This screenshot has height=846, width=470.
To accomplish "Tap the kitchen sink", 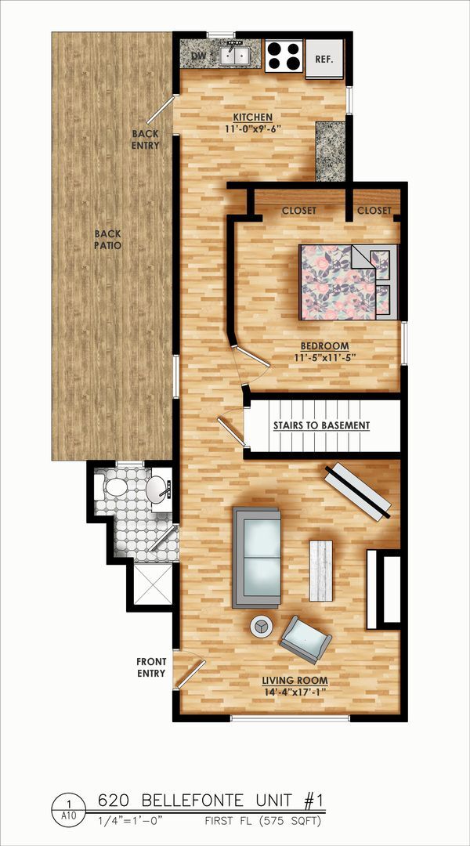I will tap(234, 56).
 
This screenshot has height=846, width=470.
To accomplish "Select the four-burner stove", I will tap(283, 56).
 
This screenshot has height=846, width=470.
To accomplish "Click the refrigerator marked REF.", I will tap(324, 59).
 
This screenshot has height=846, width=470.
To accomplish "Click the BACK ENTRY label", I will tap(146, 139).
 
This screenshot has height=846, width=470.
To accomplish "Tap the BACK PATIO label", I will tap(108, 240).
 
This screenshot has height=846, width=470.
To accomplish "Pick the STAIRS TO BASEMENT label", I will tap(321, 425).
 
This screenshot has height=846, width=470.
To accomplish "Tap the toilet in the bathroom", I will tap(115, 488).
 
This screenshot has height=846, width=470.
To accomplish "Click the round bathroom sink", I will tap(158, 489).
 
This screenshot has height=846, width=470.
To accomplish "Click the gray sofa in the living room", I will tap(256, 557).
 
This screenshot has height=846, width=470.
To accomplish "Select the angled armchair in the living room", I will tap(305, 638).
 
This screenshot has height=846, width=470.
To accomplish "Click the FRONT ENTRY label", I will tap(150, 667).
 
